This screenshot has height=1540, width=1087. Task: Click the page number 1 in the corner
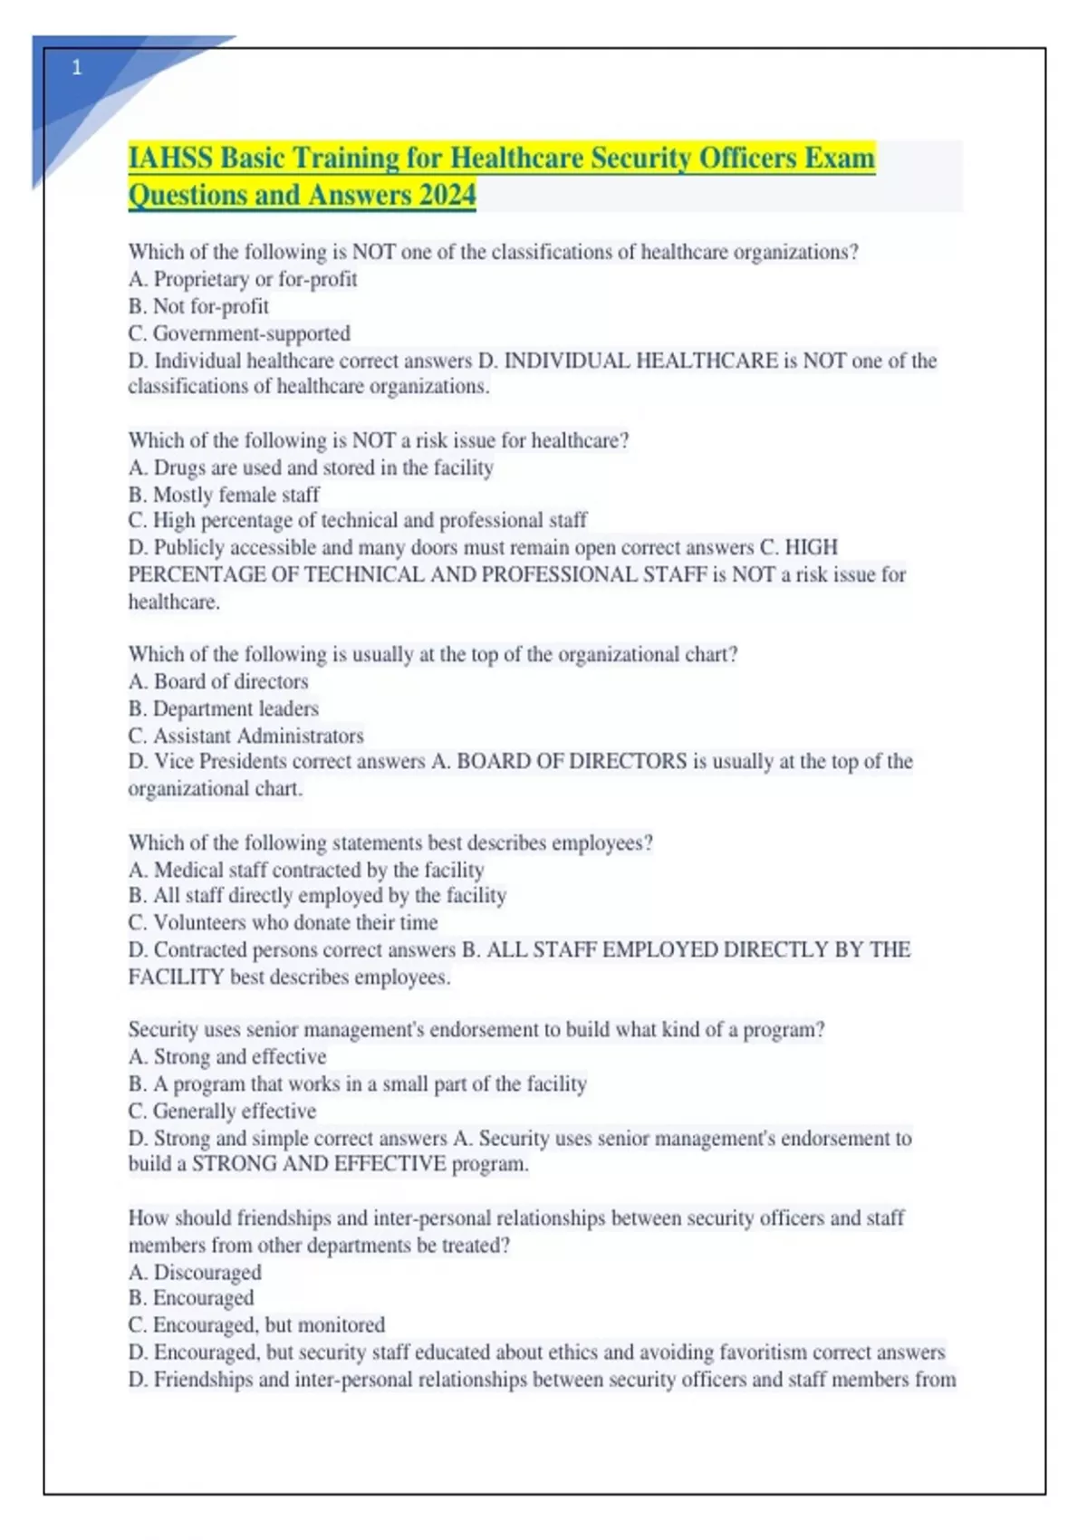[x=77, y=68]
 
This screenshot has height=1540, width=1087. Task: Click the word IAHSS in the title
[x=171, y=159]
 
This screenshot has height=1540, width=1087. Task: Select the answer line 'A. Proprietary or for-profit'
[x=243, y=279]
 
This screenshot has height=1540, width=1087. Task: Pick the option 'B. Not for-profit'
[x=198, y=306]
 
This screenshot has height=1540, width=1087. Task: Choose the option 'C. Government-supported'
[x=239, y=333]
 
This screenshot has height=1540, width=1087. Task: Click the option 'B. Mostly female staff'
[x=224, y=495]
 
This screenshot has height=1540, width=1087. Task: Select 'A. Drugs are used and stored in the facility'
[x=311, y=467]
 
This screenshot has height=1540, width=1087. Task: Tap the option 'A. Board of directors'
[x=218, y=681]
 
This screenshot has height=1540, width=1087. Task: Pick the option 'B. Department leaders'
[x=224, y=708]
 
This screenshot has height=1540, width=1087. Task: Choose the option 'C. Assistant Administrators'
[x=245, y=736]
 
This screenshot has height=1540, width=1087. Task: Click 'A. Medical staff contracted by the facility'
[x=306, y=870]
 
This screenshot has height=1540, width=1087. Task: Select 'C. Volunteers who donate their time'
[x=283, y=922]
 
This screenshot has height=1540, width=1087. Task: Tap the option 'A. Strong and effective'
[x=227, y=1056]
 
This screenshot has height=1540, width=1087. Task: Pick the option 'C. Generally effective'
[x=222, y=1111]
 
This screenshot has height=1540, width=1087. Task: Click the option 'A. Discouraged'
[x=195, y=1272]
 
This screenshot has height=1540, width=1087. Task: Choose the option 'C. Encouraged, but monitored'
[x=256, y=1324]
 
